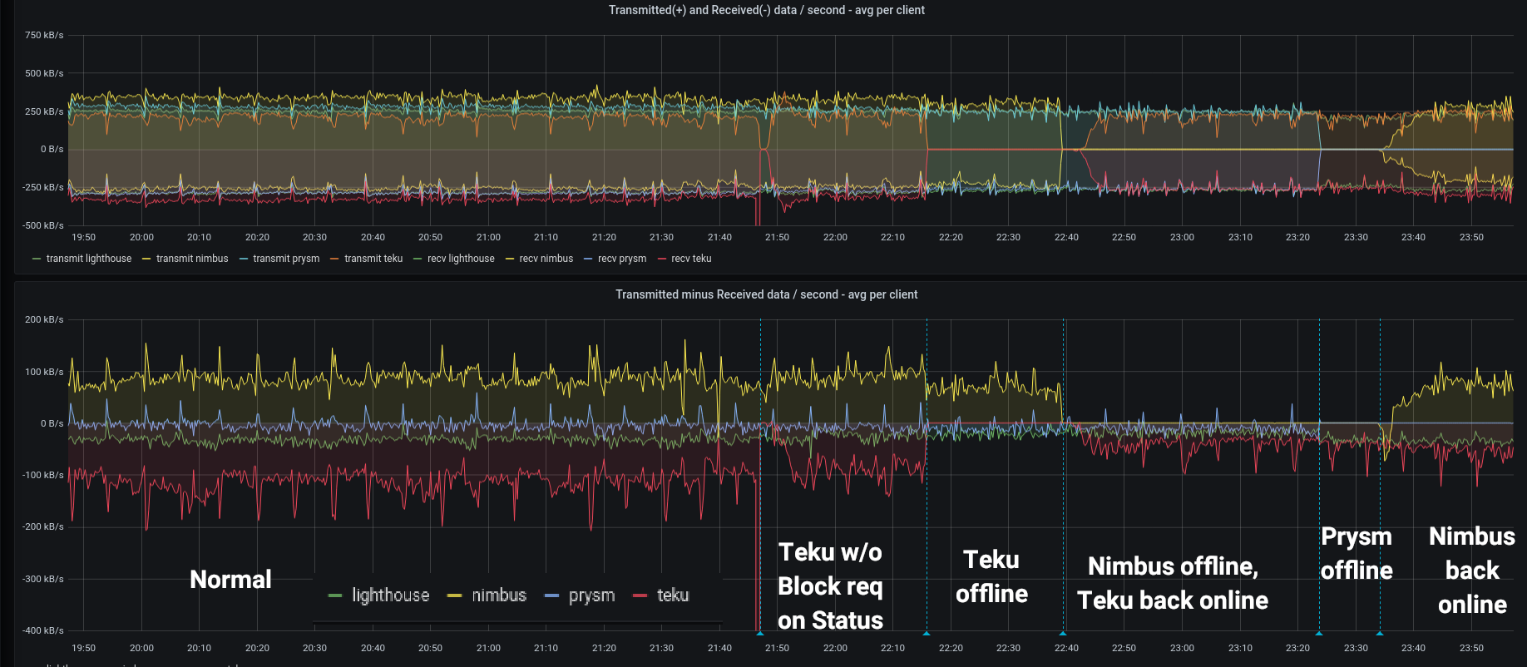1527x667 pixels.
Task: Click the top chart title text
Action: click(766, 10)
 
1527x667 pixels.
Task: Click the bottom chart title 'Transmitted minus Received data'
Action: click(766, 294)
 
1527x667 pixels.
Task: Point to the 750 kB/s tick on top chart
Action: click(44, 35)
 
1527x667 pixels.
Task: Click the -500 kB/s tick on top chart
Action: click(43, 225)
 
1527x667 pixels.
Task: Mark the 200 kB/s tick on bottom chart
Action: click(44, 319)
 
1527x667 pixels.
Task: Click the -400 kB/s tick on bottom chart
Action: click(43, 630)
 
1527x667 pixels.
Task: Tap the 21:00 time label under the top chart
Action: click(488, 237)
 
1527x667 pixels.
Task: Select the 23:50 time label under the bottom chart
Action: click(1471, 648)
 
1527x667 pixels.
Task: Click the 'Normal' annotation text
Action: click(230, 580)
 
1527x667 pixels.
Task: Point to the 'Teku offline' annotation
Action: click(991, 576)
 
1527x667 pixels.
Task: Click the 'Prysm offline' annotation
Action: click(1357, 553)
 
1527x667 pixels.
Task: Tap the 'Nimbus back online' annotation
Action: click(1472, 571)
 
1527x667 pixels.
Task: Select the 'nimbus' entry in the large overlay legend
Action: click(498, 595)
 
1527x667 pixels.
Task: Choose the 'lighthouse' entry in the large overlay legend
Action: click(390, 595)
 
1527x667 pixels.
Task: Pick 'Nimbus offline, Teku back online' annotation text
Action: click(1173, 583)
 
